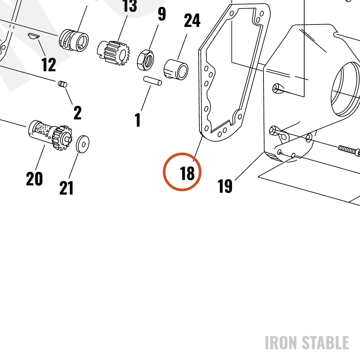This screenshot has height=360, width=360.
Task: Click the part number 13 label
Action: (130, 5)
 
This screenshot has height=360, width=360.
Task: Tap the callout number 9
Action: (162, 14)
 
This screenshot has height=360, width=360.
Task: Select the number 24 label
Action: (192, 20)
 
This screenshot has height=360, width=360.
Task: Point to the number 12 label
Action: (49, 64)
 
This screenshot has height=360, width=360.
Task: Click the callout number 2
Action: (77, 113)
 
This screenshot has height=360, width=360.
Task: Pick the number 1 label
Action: (138, 120)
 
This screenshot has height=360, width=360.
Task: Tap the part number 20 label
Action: (35, 179)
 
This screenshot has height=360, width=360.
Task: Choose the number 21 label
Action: (66, 188)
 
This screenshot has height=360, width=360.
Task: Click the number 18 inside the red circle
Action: (187, 173)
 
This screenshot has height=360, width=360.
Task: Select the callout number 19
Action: (225, 186)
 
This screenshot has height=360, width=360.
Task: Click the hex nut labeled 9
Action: (145, 60)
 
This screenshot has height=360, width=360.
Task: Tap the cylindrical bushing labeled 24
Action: (176, 69)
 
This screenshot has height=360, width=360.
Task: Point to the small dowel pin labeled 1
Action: (153, 81)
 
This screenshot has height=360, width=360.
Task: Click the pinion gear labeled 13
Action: (113, 53)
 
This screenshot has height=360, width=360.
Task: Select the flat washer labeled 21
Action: (83, 144)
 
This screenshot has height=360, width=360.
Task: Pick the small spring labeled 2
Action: (62, 84)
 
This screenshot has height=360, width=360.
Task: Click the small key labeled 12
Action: (34, 36)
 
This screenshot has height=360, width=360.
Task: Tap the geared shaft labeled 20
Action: (50, 135)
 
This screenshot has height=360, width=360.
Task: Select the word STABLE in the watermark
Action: (325, 343)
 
